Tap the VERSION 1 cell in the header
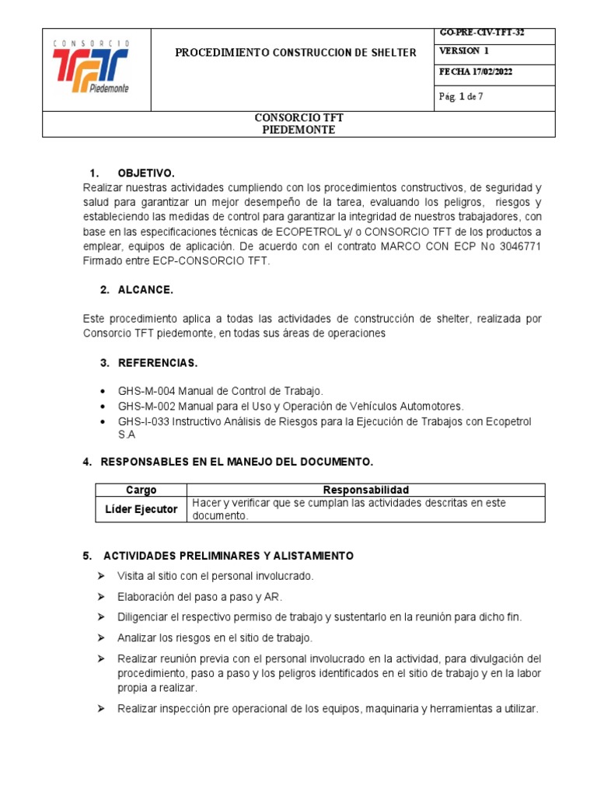pos(464,51)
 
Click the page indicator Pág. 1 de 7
pos(461,97)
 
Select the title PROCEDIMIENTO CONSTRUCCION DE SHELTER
pos(295,53)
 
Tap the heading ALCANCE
pos(145,290)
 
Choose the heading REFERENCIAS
pos(158,363)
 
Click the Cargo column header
pos(141,490)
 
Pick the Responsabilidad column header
pos(365,490)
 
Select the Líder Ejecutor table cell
pos(141,509)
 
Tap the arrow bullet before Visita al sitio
pos(101,576)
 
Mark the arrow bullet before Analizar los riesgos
pos(101,637)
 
